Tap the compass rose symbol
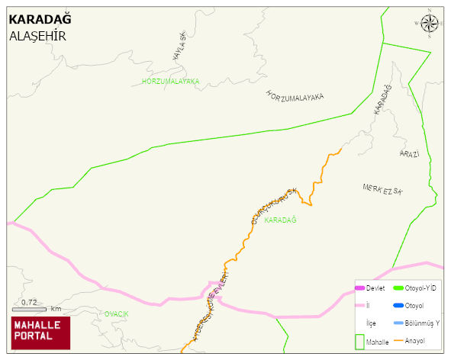coord(430,24)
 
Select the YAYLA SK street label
coord(179,48)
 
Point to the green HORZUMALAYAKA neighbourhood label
coord(170,81)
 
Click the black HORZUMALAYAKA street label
coord(295,95)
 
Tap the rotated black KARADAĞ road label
coord(382,101)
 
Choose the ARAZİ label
coord(409,154)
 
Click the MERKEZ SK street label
coord(382,188)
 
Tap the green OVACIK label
coord(117,314)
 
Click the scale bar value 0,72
coord(29,303)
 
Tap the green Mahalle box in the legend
coord(360,341)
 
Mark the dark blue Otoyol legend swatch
coord(398,306)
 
